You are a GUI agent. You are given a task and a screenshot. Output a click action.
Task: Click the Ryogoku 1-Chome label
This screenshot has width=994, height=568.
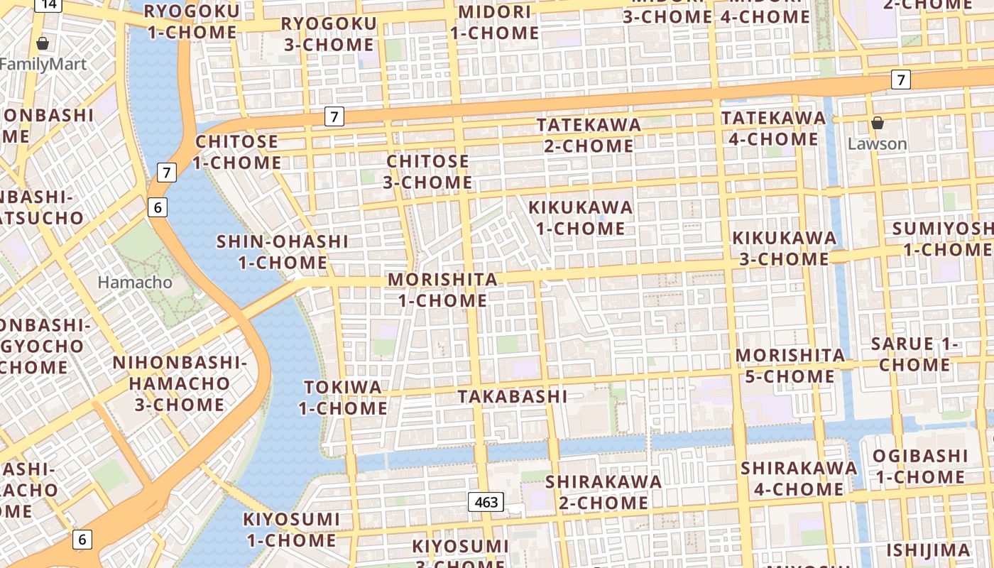[x=192, y=22]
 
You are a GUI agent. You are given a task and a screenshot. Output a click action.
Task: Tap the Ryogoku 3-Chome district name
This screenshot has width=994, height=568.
[x=329, y=34]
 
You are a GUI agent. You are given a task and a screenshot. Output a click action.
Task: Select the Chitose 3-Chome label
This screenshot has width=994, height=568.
[x=428, y=172]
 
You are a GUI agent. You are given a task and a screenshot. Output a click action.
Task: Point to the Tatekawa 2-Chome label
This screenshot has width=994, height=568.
[x=589, y=135]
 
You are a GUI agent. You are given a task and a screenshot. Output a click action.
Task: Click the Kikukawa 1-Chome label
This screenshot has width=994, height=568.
[x=580, y=218]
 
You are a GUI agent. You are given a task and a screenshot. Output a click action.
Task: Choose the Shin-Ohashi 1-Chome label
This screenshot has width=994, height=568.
[x=283, y=252]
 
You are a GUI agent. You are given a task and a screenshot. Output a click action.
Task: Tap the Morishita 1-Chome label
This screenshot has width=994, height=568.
[x=442, y=290]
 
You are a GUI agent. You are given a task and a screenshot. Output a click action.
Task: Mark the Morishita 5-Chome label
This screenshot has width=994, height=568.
[x=790, y=365]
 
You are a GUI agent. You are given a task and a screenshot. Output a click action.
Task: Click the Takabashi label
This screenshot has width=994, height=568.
[x=513, y=396]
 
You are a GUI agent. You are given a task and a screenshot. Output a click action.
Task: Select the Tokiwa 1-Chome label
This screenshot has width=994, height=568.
[x=343, y=398]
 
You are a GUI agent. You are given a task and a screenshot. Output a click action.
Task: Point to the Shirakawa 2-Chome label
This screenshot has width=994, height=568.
[x=603, y=492]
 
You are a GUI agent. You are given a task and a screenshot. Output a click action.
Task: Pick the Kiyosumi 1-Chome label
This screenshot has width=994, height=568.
[x=290, y=530]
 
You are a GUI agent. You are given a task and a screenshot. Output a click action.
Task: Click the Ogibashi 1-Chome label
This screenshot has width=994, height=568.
[x=919, y=466]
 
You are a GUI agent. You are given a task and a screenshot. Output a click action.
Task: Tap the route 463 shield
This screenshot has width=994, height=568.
[x=486, y=502]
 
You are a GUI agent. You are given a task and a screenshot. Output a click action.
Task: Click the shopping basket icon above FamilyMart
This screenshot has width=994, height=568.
[x=43, y=43]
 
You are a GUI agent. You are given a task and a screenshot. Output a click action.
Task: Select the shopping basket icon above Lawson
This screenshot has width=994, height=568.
[x=878, y=123]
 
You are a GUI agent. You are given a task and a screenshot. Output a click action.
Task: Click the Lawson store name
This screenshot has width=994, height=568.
[x=878, y=144]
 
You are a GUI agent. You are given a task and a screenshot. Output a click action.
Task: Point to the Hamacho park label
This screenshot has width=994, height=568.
[x=135, y=283]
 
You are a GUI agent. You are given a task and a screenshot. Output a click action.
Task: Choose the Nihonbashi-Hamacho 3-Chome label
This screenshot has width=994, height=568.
[x=180, y=384]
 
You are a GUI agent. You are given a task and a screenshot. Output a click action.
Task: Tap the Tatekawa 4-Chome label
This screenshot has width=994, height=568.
[x=773, y=128]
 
